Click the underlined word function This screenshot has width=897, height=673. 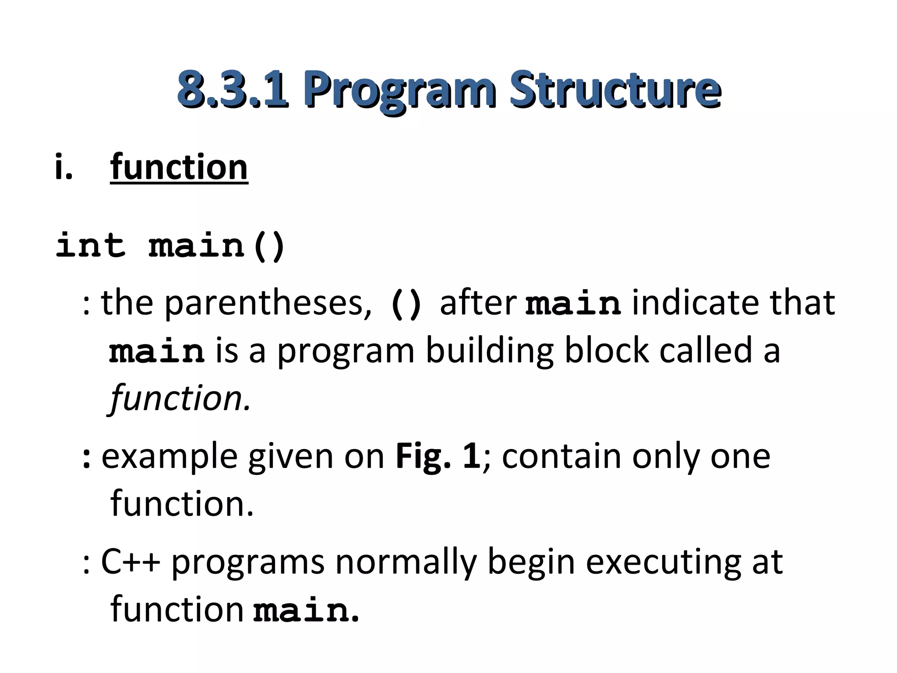(179, 167)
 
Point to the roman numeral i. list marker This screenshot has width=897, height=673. (64, 167)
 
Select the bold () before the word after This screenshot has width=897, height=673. (406, 303)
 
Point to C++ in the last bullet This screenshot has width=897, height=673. (131, 562)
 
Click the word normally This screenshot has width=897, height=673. (406, 563)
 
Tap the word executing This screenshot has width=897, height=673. (664, 563)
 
